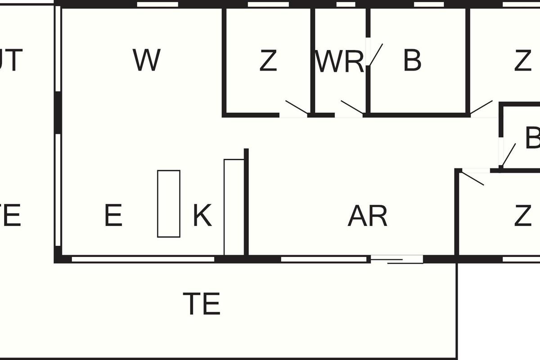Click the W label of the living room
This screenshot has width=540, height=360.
pos(147,60)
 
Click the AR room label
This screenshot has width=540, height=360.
pos(367,216)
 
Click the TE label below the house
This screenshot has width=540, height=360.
pos(202,304)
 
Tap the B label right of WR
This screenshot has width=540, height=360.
pos(412,60)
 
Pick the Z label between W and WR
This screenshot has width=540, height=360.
pos(268,61)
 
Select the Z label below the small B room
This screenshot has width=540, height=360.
pos(522,216)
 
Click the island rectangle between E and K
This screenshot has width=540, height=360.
pos(169,203)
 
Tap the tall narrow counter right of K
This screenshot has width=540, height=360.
pos(234,207)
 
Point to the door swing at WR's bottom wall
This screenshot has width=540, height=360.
pos(352,107)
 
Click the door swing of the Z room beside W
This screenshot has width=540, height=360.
pos(297,107)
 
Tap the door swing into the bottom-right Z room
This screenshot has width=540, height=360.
pos(473,177)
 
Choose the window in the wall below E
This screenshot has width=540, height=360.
pos(143,259)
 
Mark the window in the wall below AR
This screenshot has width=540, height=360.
pos(324,259)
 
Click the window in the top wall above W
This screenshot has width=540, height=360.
pos(157,4)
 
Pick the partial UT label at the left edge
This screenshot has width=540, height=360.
pos(11,60)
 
